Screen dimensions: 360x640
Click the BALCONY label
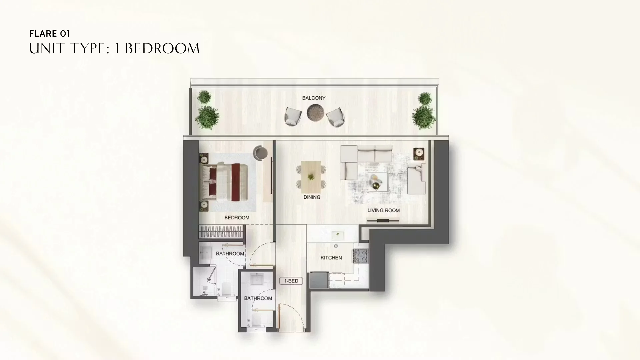tap(314, 98)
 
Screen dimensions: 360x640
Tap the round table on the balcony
tap(315, 113)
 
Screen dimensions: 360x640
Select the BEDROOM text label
tap(237, 218)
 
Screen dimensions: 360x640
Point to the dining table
tap(311, 177)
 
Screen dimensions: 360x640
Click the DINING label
tap(312, 197)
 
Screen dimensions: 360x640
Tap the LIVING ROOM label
tap(383, 210)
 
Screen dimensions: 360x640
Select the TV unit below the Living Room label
tap(383, 220)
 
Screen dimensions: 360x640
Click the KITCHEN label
tap(331, 258)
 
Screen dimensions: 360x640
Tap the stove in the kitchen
tap(361, 256)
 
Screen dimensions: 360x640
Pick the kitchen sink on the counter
tap(338, 234)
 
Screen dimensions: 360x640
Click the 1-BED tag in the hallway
tap(291, 281)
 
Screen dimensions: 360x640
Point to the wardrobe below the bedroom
tap(221, 232)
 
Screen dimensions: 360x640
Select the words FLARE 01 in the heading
tap(49, 34)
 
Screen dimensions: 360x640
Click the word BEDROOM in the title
tap(162, 49)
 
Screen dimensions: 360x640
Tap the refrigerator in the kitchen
tap(319, 280)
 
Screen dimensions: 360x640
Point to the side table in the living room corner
tap(419, 154)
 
